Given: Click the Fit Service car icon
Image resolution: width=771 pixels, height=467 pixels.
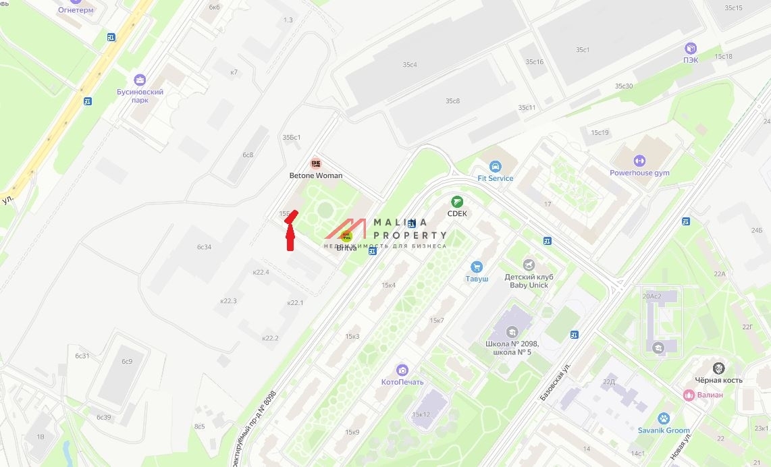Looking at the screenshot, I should pos(495,167).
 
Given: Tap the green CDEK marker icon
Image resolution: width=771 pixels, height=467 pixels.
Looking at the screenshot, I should pos(457,202).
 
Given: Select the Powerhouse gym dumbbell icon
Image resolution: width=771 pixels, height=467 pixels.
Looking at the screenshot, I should pos(639,161).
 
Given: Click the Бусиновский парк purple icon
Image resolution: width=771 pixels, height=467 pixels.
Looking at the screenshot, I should pos(140,80).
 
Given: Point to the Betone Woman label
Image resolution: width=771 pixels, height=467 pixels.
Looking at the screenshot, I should pos(315,175).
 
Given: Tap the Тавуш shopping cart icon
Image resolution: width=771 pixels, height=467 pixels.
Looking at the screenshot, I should pos(477,267).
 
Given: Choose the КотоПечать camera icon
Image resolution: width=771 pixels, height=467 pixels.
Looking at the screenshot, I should pos(402,370).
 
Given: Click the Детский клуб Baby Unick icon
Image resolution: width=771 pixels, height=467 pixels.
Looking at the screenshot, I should pos(529,264).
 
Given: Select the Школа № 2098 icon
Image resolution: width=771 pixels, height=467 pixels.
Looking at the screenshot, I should pos(512,332).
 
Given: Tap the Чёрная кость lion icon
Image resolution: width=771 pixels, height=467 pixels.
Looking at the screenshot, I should pos(719,368).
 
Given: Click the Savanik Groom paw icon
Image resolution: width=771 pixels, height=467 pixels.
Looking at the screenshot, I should pos(664,418).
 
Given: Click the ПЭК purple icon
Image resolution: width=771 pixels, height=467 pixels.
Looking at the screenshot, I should pos(691,49).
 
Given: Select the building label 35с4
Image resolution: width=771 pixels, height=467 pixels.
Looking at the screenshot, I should pos(410,65).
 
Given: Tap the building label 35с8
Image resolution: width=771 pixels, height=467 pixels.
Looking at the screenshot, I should pos(452,101).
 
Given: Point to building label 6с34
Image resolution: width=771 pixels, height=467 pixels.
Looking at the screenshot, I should pos(204,247).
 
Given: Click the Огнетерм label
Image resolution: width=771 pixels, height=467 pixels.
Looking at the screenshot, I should pos(76,10).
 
